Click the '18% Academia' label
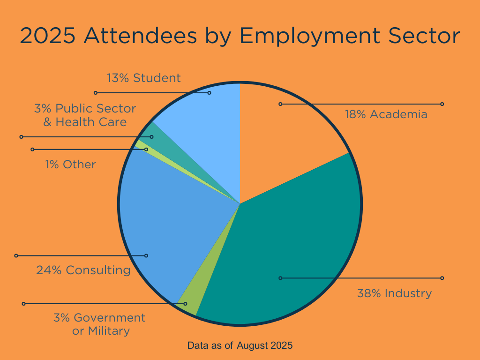click(386, 114)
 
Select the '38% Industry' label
click(394, 293)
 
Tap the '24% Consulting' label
click(83, 270)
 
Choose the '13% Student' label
click(143, 78)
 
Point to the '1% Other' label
click(70, 165)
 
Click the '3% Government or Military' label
click(99, 324)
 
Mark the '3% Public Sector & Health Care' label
click(85, 115)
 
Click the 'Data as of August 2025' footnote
click(240, 346)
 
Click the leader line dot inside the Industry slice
click(280, 278)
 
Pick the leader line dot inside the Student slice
click(209, 93)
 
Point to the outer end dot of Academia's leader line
click(442, 104)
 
